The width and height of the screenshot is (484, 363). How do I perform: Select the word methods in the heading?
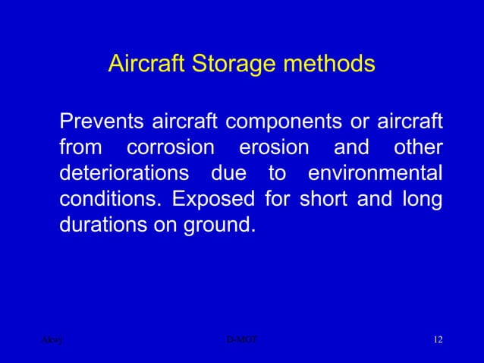pyautogui.click(x=330, y=64)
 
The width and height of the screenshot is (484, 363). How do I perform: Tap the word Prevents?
pyautogui.click(x=102, y=122)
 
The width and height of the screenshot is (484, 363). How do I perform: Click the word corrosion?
pyautogui.click(x=171, y=147)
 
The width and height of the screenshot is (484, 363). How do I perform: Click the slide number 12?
pyautogui.click(x=437, y=339)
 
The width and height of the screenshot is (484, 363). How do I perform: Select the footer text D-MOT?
pyautogui.click(x=242, y=339)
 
